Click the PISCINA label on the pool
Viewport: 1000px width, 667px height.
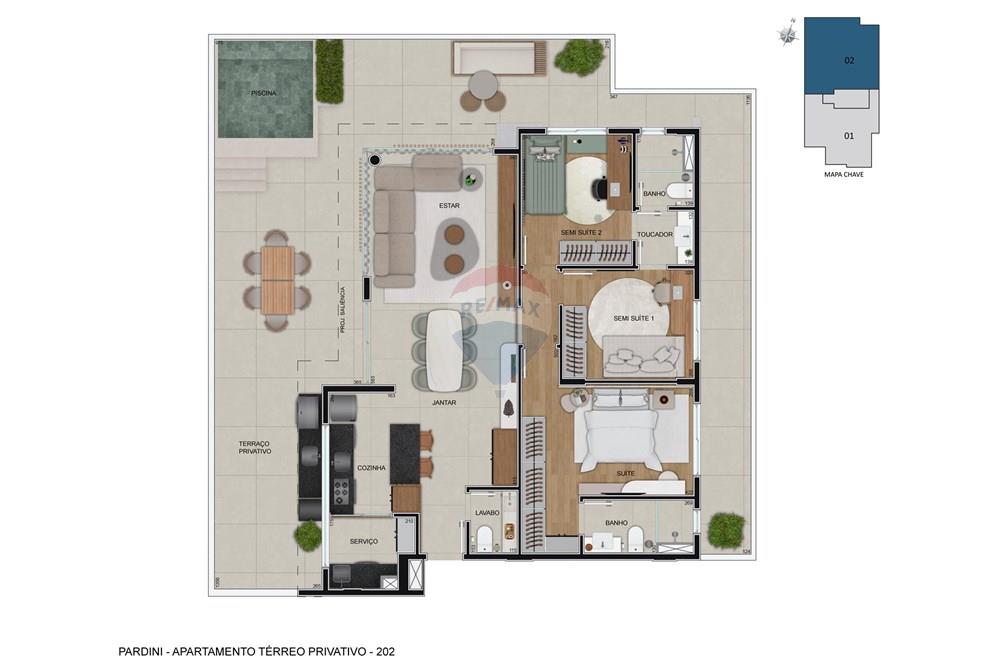point(264,93)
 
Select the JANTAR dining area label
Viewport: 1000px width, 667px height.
point(444,403)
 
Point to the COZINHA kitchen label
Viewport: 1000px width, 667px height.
point(371,467)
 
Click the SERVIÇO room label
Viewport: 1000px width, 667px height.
point(364,541)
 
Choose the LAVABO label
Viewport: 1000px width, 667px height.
point(487,513)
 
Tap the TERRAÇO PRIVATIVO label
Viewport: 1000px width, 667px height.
point(255,447)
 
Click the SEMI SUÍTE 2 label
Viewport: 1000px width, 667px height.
point(581,232)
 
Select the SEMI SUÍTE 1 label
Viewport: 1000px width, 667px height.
point(634,319)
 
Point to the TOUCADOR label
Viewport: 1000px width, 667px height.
point(655,234)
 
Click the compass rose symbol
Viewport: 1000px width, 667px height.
point(789,35)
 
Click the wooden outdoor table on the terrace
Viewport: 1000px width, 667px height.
point(277,280)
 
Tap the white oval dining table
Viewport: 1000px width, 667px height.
point(445,349)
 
